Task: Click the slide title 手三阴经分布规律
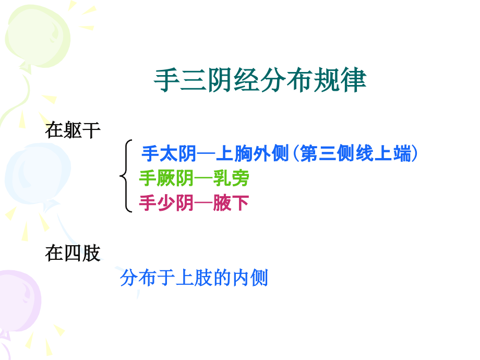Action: [x=260, y=80]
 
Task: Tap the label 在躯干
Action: [x=73, y=130]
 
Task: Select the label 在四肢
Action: [x=73, y=254]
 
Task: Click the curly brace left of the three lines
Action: [x=126, y=176]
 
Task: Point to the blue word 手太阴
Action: [x=169, y=154]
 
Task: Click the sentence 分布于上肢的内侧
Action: [x=194, y=278]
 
